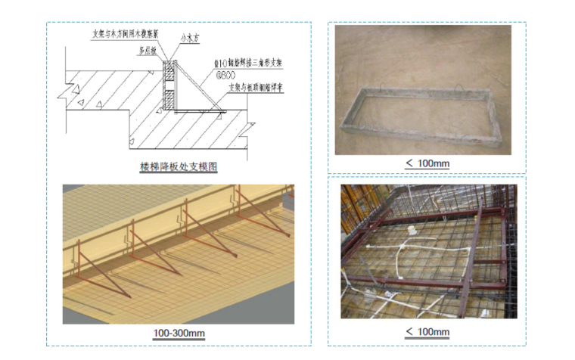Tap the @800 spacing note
pyautogui.click(x=226, y=76)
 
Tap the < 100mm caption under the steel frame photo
pyautogui.click(x=427, y=333)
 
